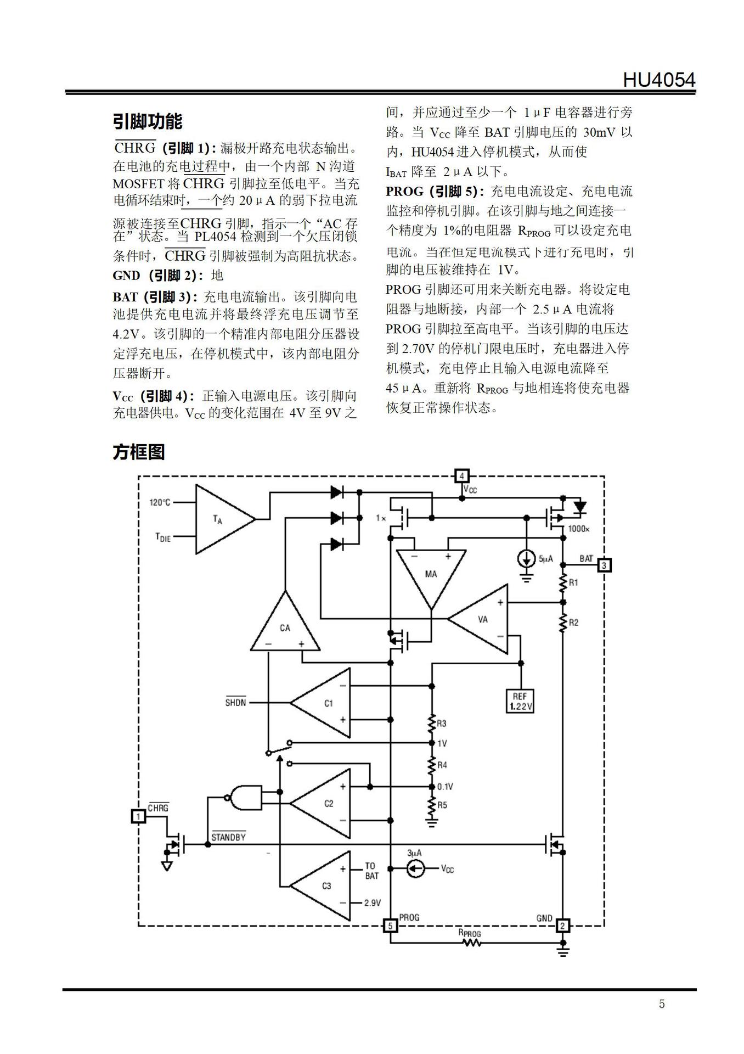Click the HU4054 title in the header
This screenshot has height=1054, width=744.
[658, 80]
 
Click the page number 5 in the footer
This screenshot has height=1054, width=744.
[662, 1004]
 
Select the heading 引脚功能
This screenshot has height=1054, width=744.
[148, 121]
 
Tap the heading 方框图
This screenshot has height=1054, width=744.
[139, 452]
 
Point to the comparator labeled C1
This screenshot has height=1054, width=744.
[320, 703]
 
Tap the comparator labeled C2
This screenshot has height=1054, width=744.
[320, 803]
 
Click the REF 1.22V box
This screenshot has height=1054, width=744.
[520, 701]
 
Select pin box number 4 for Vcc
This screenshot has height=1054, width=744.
[462, 476]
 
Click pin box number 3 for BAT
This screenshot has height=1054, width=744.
[604, 565]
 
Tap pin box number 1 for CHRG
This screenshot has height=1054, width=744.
[138, 816]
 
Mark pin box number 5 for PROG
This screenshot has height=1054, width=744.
[390, 926]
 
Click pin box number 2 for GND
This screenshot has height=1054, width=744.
[563, 926]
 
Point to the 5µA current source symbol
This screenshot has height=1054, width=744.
[527, 559]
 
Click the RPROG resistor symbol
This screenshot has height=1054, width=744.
[471, 943]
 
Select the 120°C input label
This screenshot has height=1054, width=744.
[160, 502]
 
